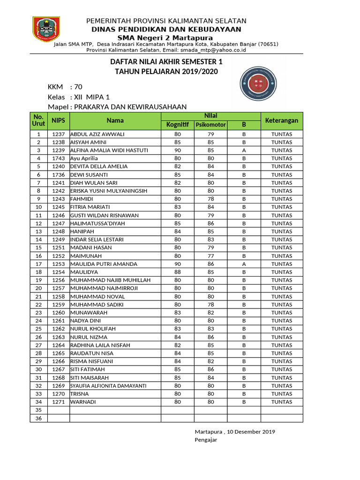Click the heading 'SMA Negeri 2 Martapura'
(x=166, y=37)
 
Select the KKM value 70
(x=78, y=87)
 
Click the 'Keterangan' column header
(x=282, y=120)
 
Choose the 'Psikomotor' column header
(x=210, y=125)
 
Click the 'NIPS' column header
(x=58, y=120)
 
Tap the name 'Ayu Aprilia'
(x=84, y=158)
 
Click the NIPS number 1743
(x=58, y=158)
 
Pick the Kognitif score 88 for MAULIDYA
(x=177, y=272)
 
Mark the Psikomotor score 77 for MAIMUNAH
(x=210, y=256)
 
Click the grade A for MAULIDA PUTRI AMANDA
(x=244, y=264)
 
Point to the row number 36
(x=39, y=418)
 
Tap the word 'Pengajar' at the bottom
(x=206, y=440)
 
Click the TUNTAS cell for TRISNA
(x=282, y=394)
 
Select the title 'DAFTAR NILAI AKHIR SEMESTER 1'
(x=166, y=62)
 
